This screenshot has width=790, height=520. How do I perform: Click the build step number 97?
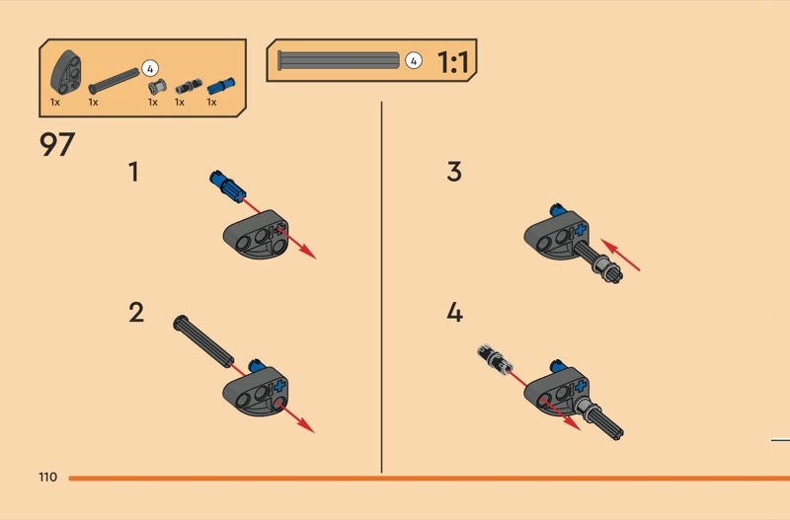[57, 144]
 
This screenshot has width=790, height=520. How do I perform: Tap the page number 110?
[47, 478]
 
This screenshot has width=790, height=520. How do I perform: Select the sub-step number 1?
[133, 172]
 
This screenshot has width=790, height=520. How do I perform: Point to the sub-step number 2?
[136, 313]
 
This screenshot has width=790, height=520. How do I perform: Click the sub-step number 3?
[454, 172]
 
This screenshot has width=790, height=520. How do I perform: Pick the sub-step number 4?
[454, 313]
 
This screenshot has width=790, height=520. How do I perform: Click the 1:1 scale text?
[453, 62]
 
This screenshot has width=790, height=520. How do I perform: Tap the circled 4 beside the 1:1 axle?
[414, 61]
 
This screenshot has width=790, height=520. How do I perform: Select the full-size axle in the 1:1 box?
[339, 60]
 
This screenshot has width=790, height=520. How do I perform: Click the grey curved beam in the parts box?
[66, 72]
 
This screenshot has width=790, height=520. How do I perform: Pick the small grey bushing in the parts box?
[157, 87]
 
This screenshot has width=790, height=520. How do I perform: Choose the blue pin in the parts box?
[221, 86]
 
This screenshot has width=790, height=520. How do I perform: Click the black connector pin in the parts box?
[189, 87]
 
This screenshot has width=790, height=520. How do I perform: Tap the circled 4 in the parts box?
[150, 68]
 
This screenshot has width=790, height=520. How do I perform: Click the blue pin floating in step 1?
[228, 186]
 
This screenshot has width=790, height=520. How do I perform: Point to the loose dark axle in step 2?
[203, 341]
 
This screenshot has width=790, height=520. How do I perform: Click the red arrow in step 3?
[620, 256]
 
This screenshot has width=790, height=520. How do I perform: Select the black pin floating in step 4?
[495, 359]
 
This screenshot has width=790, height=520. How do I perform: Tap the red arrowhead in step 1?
[308, 253]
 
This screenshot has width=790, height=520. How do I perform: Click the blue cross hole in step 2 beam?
[279, 387]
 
